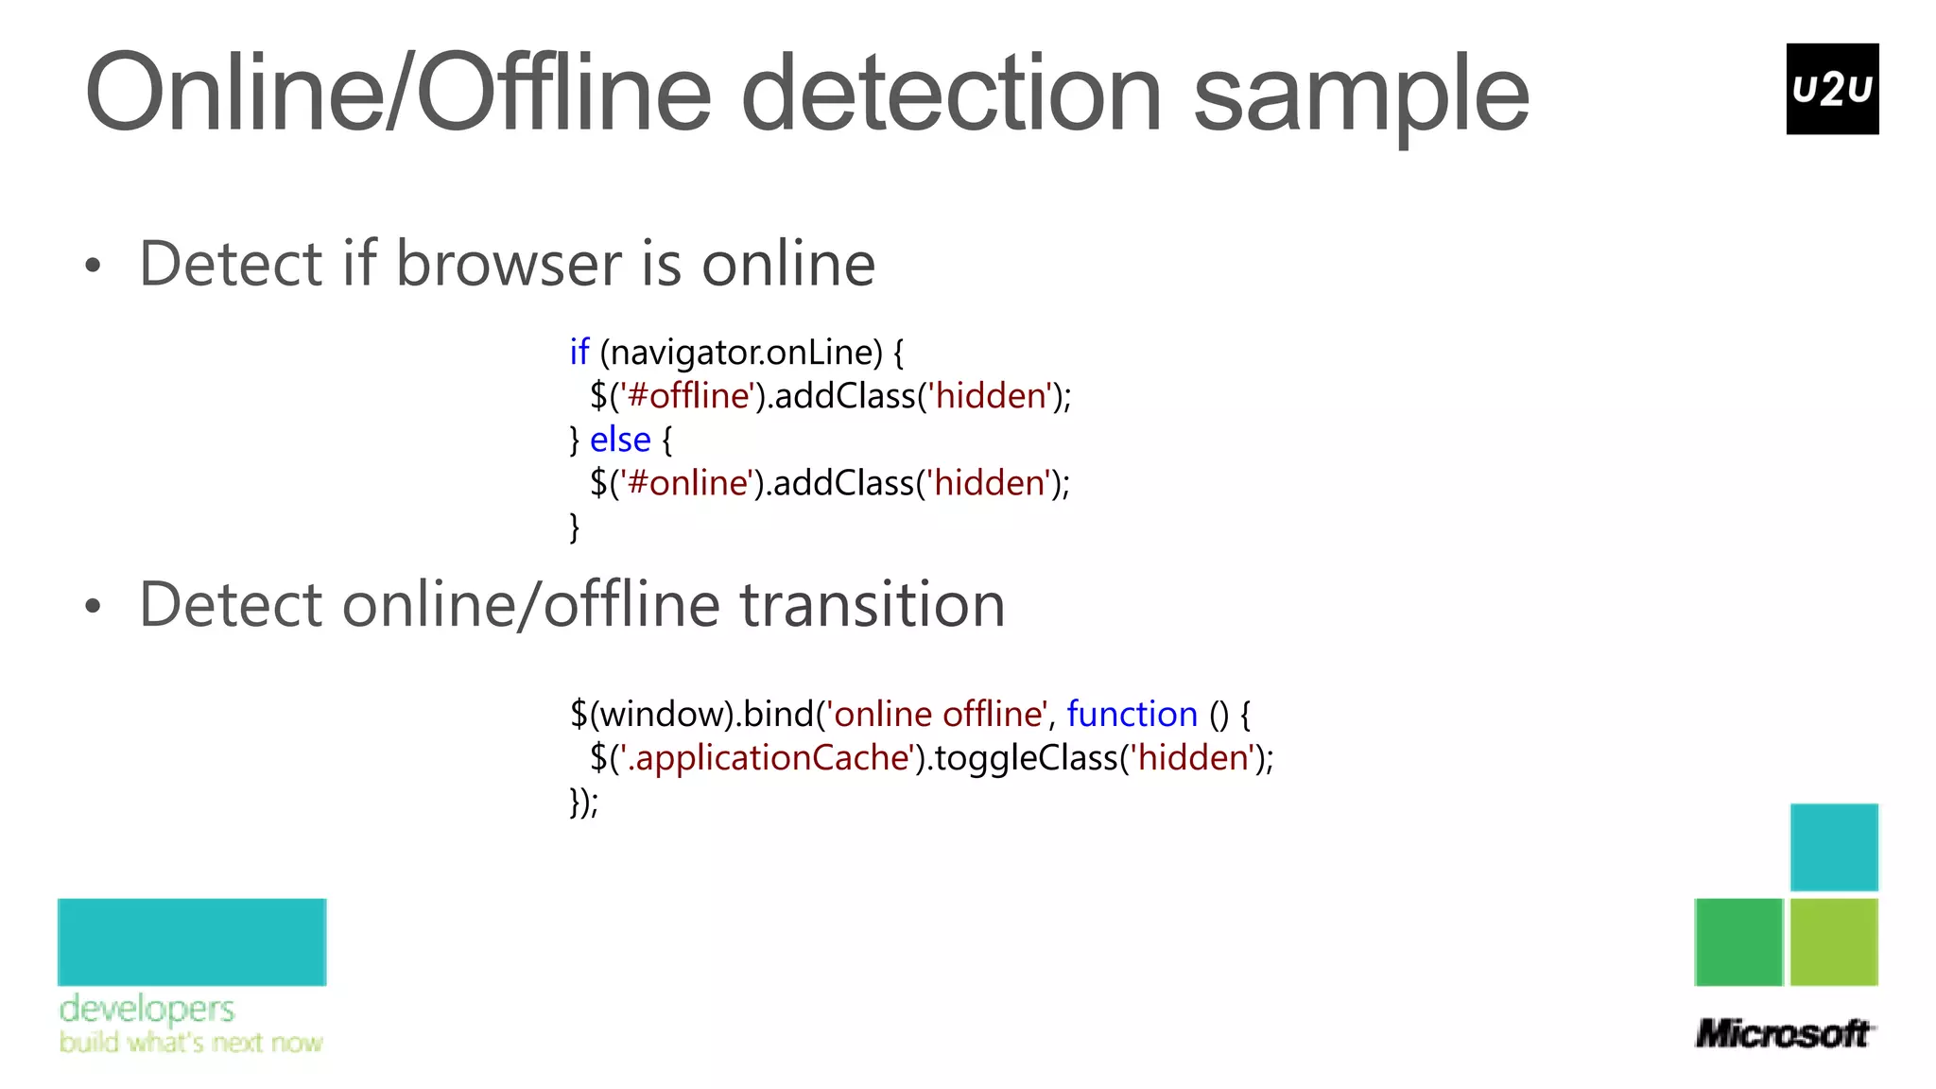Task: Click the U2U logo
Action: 1831,89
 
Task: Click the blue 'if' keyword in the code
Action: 579,352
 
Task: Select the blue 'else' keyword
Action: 620,440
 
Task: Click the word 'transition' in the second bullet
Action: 872,604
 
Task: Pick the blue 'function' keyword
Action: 1132,714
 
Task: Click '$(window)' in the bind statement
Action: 651,714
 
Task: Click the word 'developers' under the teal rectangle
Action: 147,1009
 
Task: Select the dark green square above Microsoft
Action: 1737,942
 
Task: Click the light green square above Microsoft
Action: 1834,942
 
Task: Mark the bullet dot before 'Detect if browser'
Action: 92,266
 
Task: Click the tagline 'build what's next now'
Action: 191,1043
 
